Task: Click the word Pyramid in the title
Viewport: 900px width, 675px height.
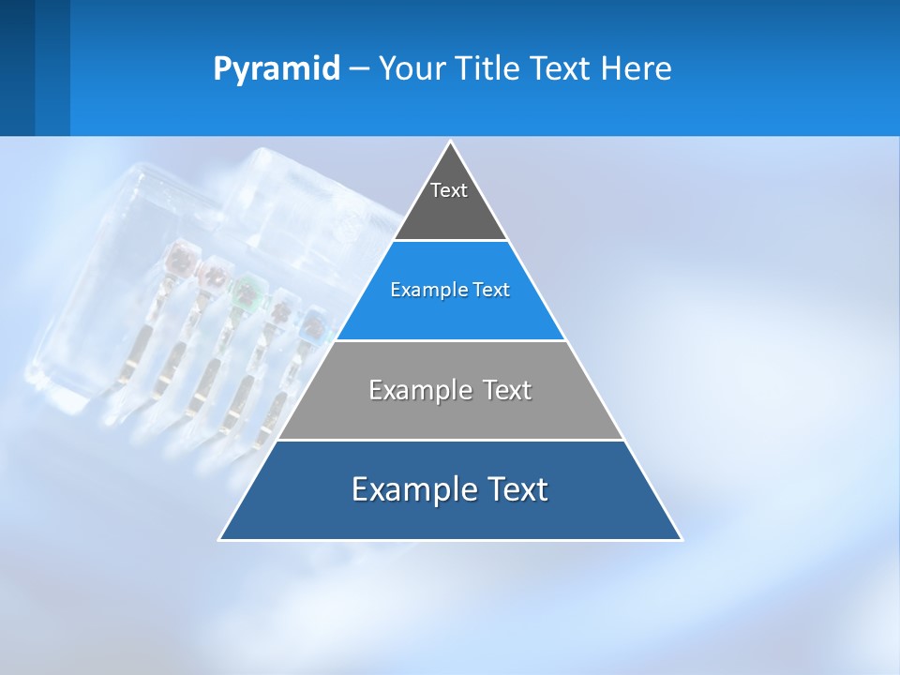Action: (x=277, y=69)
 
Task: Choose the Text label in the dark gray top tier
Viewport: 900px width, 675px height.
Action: (x=449, y=190)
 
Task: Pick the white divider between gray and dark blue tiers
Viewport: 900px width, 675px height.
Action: (x=451, y=440)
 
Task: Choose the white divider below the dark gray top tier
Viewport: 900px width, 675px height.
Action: (x=451, y=241)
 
